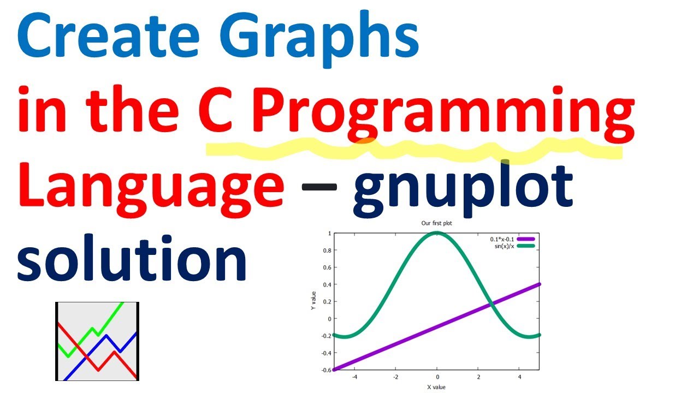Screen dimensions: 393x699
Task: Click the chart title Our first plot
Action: (x=436, y=223)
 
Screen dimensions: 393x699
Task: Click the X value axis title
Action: (x=436, y=387)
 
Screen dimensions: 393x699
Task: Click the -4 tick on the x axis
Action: (x=354, y=377)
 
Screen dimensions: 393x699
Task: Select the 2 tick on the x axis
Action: (x=478, y=377)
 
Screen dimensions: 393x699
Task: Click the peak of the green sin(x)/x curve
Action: (x=437, y=234)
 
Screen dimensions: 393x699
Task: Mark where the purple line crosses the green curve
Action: (x=491, y=303)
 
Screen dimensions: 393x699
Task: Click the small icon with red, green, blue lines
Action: (x=97, y=341)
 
